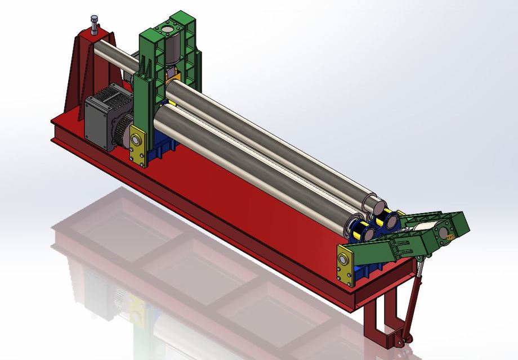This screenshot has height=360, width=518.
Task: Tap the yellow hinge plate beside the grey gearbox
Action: point(137,145)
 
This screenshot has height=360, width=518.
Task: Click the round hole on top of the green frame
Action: point(167,29)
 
